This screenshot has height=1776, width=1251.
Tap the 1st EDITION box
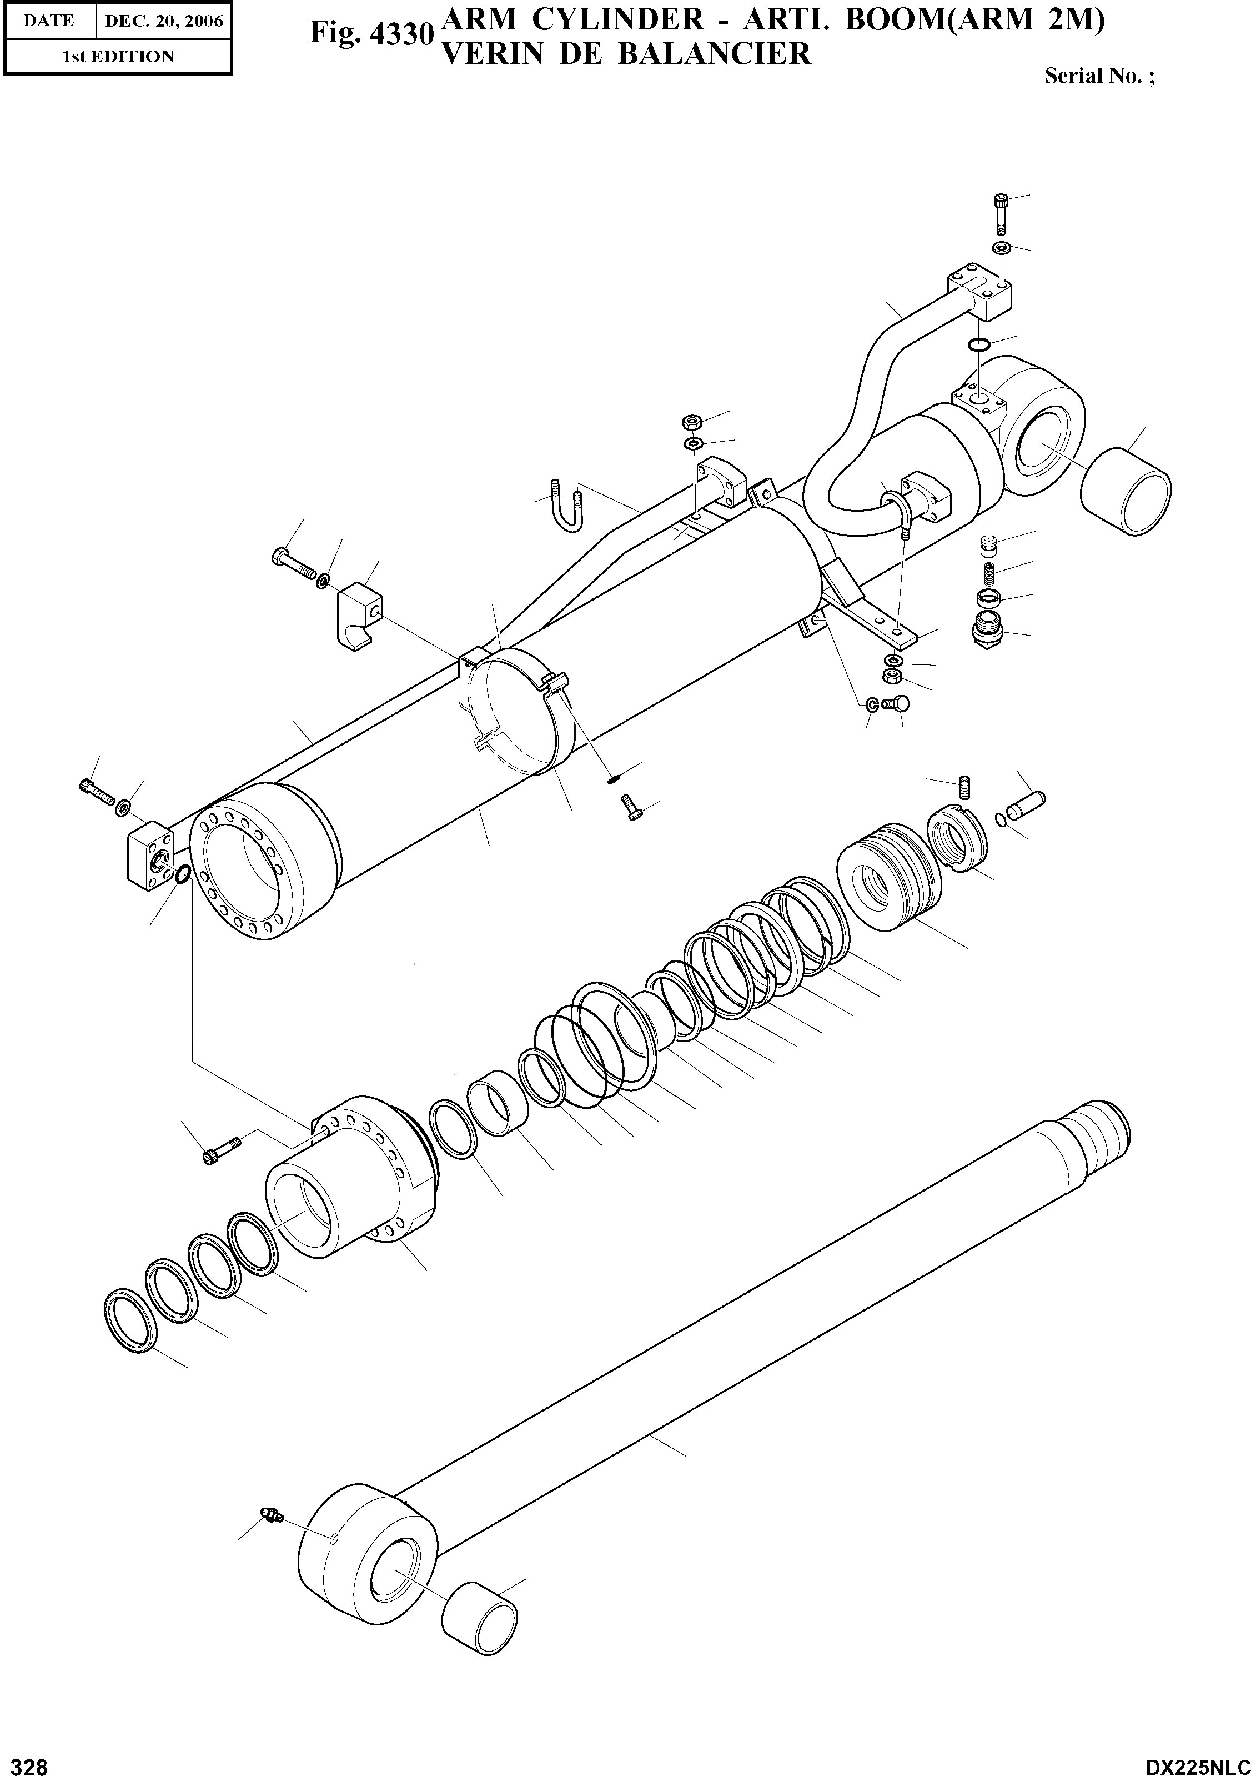point(118,57)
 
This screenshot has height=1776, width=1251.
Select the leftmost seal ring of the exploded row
point(130,1323)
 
